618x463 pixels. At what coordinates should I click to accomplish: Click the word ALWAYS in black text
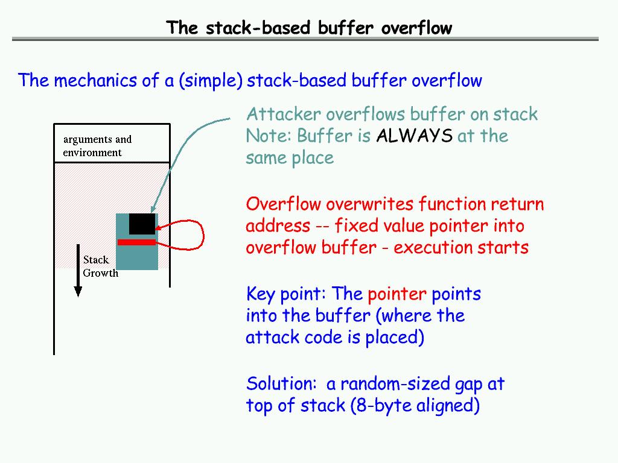point(413,136)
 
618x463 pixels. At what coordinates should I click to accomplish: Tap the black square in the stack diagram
point(142,224)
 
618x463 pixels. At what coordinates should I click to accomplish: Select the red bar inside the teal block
point(137,242)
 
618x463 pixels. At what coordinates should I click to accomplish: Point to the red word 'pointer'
point(397,295)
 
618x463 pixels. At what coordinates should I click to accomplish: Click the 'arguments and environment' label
point(97,146)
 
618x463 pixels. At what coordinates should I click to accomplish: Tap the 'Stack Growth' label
point(100,266)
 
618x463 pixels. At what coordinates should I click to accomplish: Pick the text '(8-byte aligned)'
point(415,406)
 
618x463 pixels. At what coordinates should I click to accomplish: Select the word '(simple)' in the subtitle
point(210,81)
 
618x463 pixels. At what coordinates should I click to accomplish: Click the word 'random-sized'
point(400,384)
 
